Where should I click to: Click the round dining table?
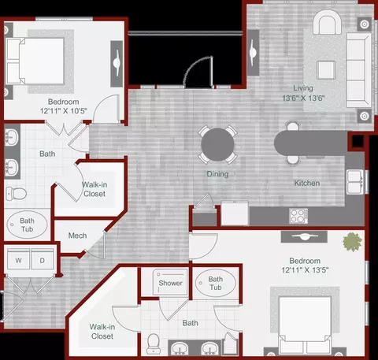[217, 144]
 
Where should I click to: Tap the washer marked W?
[18, 259]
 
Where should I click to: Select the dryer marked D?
[43, 259]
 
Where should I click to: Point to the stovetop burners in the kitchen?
[298, 216]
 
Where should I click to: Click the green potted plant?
[352, 242]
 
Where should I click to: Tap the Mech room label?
[77, 236]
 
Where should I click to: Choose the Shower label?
[170, 283]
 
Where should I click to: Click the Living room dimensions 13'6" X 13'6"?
[303, 98]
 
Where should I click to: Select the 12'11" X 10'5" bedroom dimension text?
[64, 111]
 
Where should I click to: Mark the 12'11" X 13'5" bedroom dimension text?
[305, 270]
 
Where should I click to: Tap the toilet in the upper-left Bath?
[17, 194]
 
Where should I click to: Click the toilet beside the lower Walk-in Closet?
[153, 343]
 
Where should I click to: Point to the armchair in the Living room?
[327, 22]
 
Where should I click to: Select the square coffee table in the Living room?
[326, 70]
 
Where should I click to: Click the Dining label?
[217, 174]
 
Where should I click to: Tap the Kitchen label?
[307, 183]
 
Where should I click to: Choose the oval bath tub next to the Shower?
[216, 283]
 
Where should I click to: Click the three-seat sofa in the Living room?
[359, 70]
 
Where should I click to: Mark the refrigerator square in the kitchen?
[235, 213]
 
